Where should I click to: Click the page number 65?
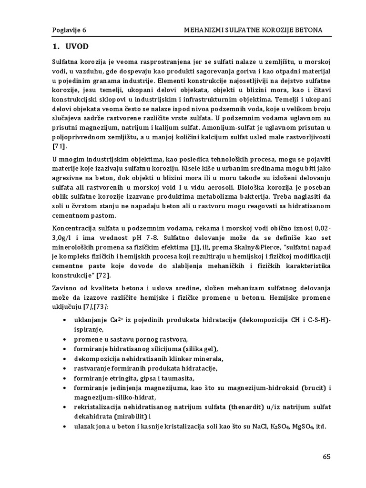pyautogui.click(x=326, y=456)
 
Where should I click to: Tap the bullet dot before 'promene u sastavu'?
pyautogui.click(x=64, y=339)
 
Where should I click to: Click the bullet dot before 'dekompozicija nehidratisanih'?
pyautogui.click(x=64, y=359)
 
